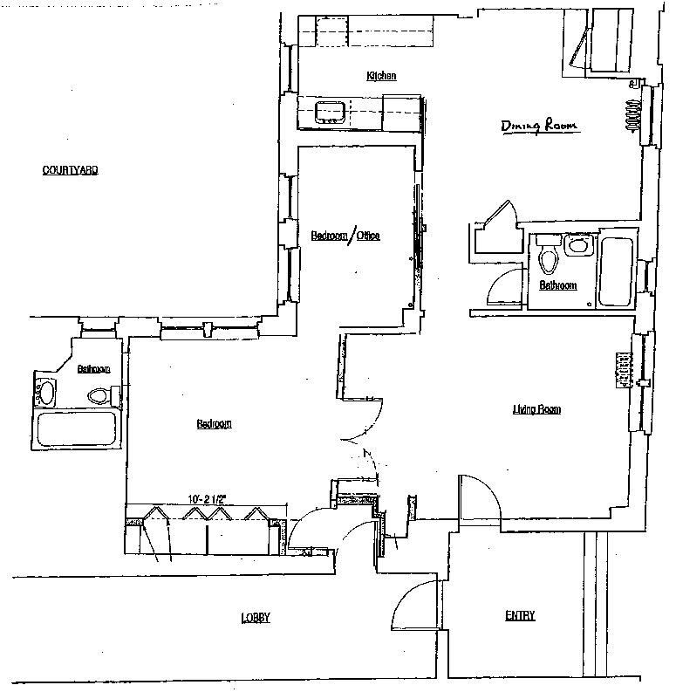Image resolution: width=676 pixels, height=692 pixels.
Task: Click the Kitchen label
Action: point(381,77)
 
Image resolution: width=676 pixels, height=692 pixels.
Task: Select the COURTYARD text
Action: point(70,170)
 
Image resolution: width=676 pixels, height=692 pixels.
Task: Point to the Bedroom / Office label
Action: point(346,236)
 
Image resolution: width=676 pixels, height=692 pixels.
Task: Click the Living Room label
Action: point(536,408)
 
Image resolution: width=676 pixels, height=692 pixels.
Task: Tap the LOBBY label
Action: point(256,618)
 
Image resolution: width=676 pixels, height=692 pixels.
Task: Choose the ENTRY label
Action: point(520,616)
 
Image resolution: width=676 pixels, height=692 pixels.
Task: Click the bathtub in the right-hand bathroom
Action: point(615,267)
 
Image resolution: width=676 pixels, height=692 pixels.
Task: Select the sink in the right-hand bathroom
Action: point(576,245)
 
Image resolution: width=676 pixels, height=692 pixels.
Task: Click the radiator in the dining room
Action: point(634,113)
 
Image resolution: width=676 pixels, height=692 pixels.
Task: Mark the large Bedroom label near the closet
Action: point(214,425)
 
